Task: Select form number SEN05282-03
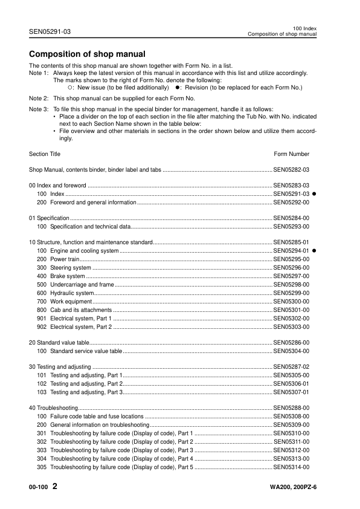[x=292, y=170]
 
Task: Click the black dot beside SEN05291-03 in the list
[x=315, y=193]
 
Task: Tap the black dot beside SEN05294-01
[x=315, y=250]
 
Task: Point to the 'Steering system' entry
[x=71, y=267]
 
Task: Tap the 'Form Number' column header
[x=292, y=154]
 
